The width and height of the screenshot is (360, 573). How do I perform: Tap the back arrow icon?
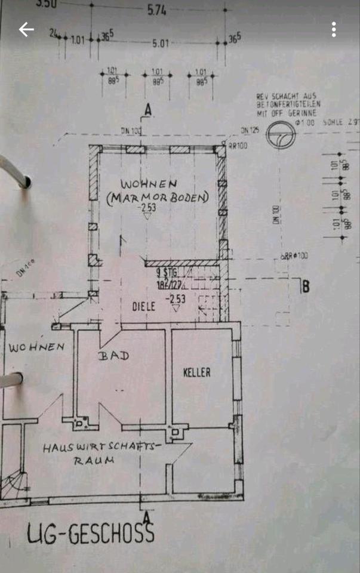tap(26, 29)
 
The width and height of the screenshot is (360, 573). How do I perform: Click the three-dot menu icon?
tap(334, 29)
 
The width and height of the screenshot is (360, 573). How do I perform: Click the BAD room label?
tap(113, 355)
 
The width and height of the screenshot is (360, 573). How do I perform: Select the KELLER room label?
tap(196, 372)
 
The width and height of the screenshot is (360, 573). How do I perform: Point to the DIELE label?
tap(144, 306)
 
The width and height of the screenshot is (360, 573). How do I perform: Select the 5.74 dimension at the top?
tap(158, 10)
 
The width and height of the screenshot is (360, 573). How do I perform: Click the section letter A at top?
tap(148, 109)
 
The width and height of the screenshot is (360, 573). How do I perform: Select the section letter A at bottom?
tap(147, 517)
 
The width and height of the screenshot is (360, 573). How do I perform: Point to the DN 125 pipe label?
tap(249, 130)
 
